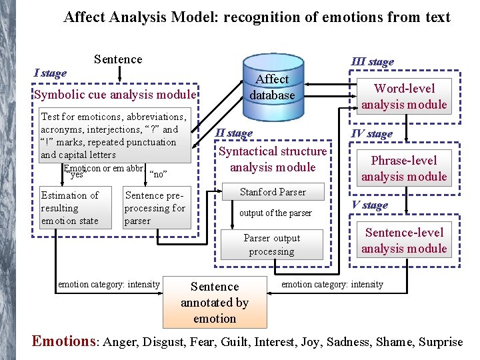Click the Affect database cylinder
[x=272, y=87]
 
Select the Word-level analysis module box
[x=404, y=97]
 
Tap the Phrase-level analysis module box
[x=404, y=169]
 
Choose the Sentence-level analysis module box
[x=404, y=241]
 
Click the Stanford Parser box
[x=273, y=193]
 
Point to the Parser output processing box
[x=271, y=245]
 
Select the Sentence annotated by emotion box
[x=215, y=303]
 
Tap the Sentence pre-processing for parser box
[x=155, y=208]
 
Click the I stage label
[x=51, y=73]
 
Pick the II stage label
[x=233, y=133]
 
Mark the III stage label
[x=373, y=62]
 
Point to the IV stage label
[x=371, y=134]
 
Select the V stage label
[x=370, y=205]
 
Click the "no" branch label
[x=158, y=175]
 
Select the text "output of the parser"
[x=275, y=213]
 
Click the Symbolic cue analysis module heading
[x=115, y=95]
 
